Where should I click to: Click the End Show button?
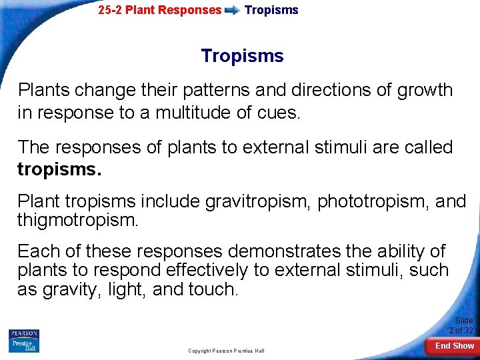tap(455, 346)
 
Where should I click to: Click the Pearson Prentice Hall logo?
tap(24, 341)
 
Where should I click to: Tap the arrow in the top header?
tap(233, 11)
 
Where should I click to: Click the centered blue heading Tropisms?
tap(242, 56)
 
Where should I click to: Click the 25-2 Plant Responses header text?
tap(159, 10)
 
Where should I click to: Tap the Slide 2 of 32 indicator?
tap(461, 325)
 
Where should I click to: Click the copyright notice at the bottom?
tap(226, 351)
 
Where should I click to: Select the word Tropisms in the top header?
tap(271, 10)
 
